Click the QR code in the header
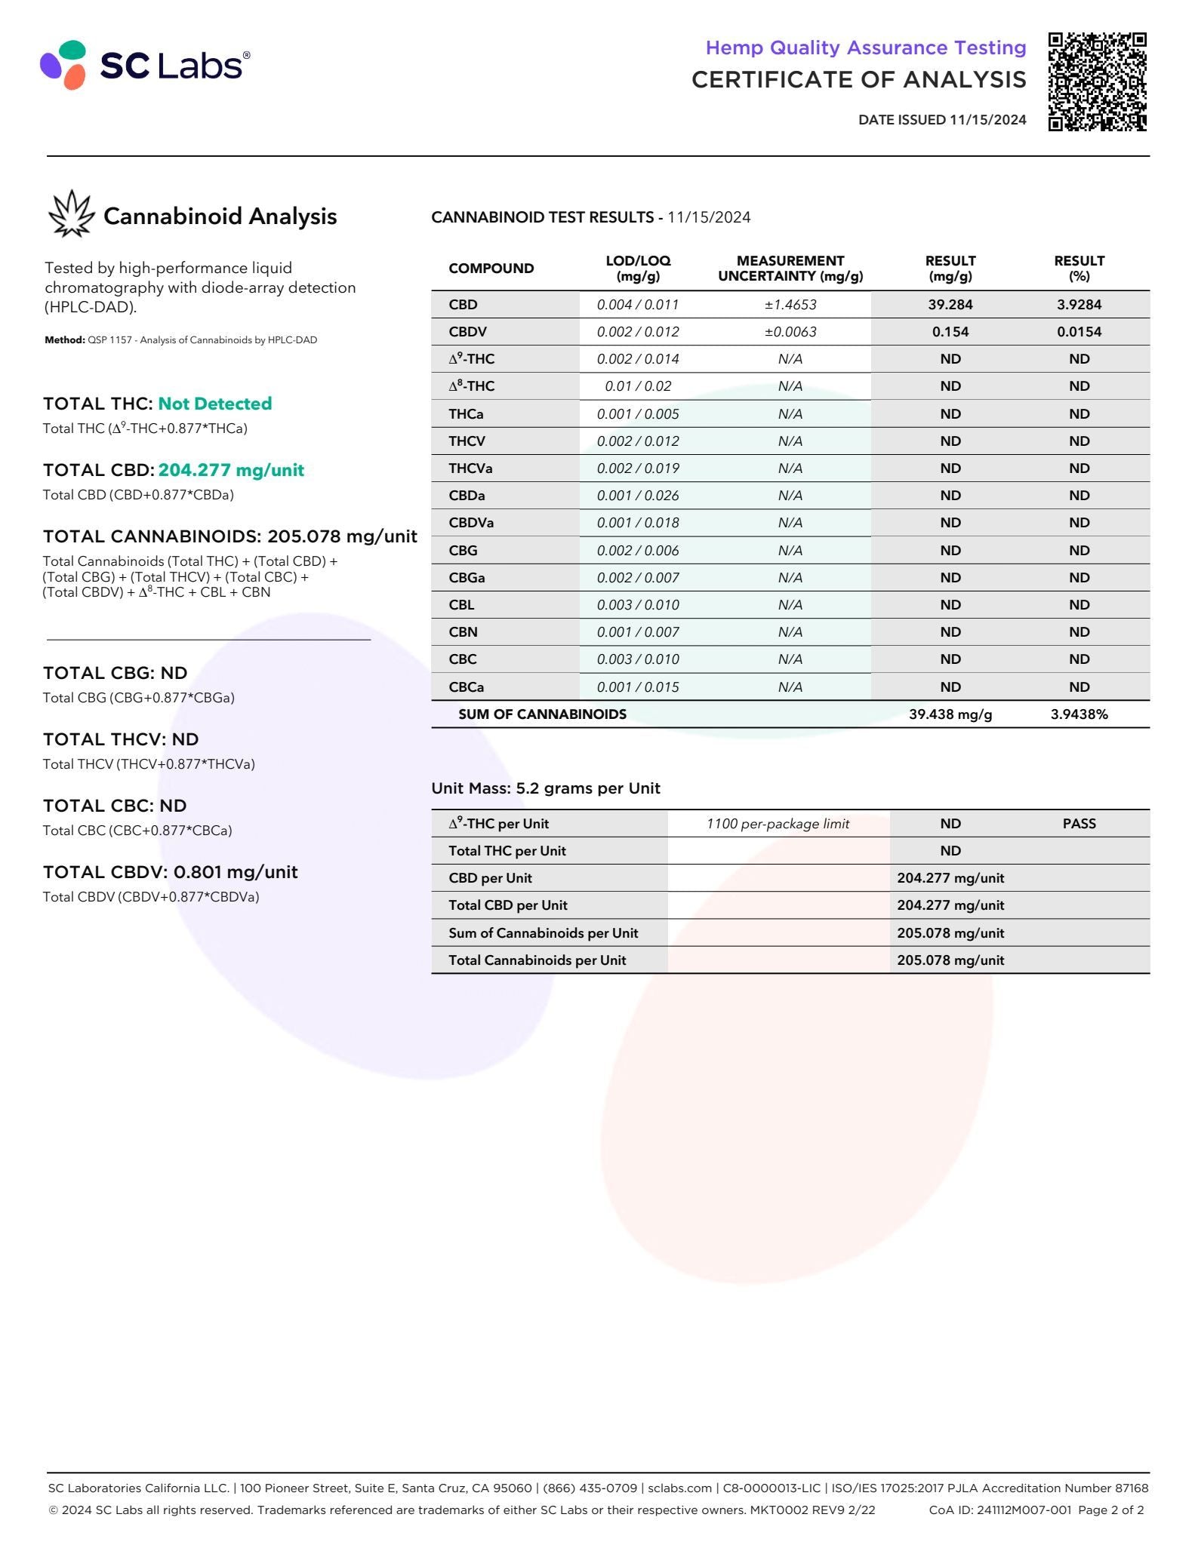pos(1097,81)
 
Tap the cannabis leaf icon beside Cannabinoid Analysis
pos(71,214)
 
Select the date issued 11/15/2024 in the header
pos(941,120)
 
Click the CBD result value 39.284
pos(950,305)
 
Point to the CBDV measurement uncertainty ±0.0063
pos(790,332)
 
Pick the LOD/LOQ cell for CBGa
pos(637,578)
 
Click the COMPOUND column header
pos(491,269)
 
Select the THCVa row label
pos(470,468)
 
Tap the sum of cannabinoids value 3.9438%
pos(1079,714)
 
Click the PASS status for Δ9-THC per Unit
pos(1079,824)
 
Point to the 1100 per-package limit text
pos(778,824)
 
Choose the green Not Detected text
pos(214,404)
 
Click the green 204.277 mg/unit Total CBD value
pos(231,470)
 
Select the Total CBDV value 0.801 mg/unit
pos(236,872)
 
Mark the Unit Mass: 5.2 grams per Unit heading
pos(545,788)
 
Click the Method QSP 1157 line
pos(180,340)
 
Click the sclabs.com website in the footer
pos(679,1488)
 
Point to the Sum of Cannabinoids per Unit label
pos(543,933)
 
